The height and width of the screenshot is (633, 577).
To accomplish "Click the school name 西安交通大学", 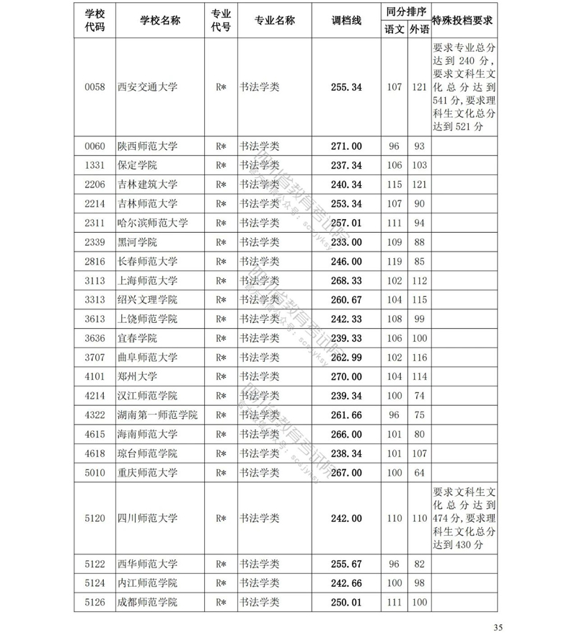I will [x=147, y=87].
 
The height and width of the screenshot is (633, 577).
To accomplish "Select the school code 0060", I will [x=94, y=146].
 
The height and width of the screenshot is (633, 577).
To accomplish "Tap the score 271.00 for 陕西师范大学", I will [x=345, y=146].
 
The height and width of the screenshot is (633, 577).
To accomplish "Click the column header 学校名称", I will [x=160, y=21].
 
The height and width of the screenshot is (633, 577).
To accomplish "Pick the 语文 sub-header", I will [x=394, y=30].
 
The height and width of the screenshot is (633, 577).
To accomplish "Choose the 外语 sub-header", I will [x=418, y=30].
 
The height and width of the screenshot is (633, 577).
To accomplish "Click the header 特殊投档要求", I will [x=462, y=21].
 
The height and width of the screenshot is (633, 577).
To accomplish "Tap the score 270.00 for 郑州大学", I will [x=345, y=376].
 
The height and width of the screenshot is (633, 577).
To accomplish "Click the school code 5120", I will [x=94, y=518].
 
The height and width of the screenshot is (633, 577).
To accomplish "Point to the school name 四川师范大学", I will [x=147, y=518].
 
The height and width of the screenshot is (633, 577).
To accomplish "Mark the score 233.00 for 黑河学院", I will [x=345, y=242].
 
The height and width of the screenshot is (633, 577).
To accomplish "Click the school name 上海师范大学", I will [x=147, y=280].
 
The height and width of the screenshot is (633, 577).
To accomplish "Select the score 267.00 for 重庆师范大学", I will [x=345, y=472].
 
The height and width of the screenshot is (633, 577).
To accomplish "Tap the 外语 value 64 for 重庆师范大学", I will [x=418, y=472].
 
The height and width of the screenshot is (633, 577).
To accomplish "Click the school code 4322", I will [x=94, y=415].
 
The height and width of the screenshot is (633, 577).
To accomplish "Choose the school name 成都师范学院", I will [x=147, y=602].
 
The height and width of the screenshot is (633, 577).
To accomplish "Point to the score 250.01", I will [x=345, y=602].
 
